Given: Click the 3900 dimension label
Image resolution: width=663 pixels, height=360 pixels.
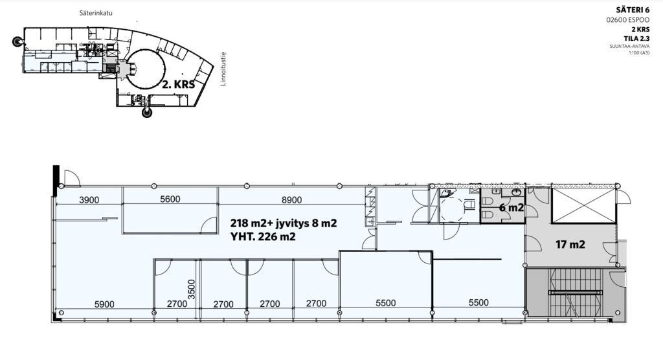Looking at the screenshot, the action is pyautogui.click(x=89, y=199).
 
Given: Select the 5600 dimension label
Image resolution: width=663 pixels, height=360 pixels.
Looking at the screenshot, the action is pyautogui.click(x=170, y=199).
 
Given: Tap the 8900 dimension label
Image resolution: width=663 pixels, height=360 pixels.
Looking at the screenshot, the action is pyautogui.click(x=292, y=199).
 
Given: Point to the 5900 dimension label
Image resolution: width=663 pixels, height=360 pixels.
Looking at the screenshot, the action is pyautogui.click(x=104, y=304).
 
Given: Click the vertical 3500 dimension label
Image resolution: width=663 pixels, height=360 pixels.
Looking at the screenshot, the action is pyautogui.click(x=192, y=289).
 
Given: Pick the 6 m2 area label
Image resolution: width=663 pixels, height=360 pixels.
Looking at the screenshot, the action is pyautogui.click(x=511, y=208).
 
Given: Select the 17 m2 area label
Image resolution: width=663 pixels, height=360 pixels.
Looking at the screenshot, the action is pyautogui.click(x=570, y=245).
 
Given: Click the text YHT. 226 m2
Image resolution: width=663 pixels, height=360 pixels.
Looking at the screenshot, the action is pyautogui.click(x=263, y=237).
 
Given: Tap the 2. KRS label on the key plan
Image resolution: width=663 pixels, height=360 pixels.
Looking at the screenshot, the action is pyautogui.click(x=179, y=84).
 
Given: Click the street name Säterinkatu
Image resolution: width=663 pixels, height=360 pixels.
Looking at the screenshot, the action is pyautogui.click(x=96, y=13).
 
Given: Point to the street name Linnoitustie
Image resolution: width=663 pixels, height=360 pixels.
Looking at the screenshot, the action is pyautogui.click(x=223, y=69).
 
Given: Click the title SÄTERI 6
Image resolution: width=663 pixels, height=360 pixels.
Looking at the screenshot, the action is pyautogui.click(x=633, y=10).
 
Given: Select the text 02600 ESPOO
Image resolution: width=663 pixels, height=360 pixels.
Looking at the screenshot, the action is pyautogui.click(x=628, y=20).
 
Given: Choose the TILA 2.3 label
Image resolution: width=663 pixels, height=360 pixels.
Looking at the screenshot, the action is pyautogui.click(x=636, y=38).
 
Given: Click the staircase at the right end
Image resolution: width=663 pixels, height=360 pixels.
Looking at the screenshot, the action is pyautogui.click(x=575, y=292).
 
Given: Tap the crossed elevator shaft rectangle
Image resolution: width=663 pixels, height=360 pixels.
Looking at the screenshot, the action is pyautogui.click(x=583, y=206).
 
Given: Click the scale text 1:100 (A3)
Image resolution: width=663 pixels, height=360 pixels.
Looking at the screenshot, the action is pyautogui.click(x=639, y=53).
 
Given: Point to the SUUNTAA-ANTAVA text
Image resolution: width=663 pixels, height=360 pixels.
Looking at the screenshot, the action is pyautogui.click(x=629, y=47).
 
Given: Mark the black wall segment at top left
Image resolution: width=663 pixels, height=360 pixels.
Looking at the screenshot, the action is pyautogui.click(x=55, y=181).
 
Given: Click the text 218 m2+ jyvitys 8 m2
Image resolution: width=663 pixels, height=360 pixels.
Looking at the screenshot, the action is pyautogui.click(x=284, y=223).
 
